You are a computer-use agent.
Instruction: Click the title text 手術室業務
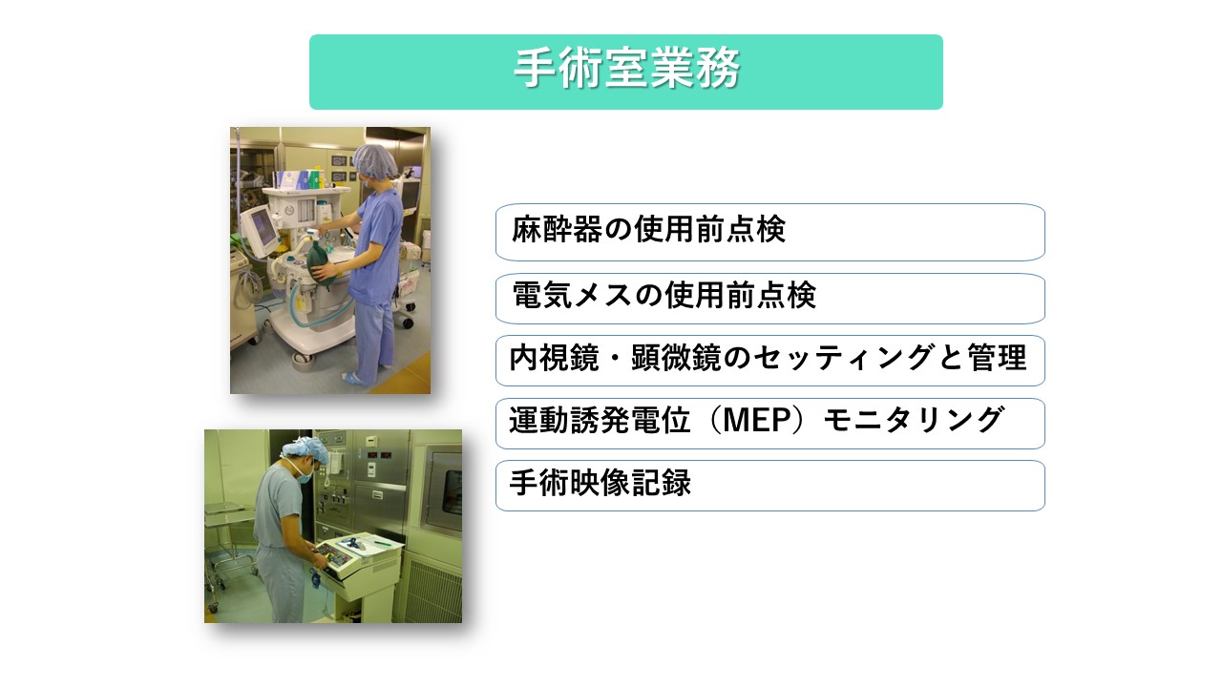(626, 71)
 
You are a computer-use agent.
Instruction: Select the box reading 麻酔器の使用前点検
(769, 232)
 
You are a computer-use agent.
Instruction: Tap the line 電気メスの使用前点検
(769, 298)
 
